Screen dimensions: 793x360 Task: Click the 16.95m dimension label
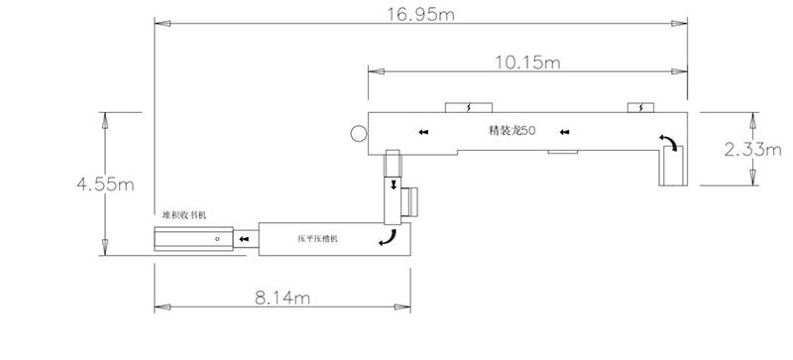pos(420,14)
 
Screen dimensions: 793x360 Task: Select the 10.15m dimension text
pos(527,62)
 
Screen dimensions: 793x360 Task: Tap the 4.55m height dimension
pos(106,184)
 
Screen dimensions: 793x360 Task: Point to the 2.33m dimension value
pos(753,150)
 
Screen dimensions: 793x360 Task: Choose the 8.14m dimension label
pos(283,298)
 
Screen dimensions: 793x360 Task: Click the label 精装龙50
pos(511,131)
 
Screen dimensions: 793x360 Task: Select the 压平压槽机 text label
pos(317,239)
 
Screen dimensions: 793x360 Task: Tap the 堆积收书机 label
pos(184,215)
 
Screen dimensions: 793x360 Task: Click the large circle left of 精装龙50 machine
pos(359,134)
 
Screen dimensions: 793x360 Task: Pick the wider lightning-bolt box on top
pos(468,107)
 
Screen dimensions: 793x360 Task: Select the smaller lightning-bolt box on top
pos(640,107)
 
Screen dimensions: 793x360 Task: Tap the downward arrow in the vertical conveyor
pos(394,185)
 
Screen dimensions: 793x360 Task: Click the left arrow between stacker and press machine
pos(245,239)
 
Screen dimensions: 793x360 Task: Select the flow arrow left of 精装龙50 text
pos(424,133)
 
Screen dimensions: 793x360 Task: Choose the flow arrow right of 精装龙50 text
pos(565,133)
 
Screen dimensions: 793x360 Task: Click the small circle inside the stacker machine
pos(217,238)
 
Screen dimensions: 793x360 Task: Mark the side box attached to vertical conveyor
pos(410,201)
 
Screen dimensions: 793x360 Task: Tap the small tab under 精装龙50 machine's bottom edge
pos(563,152)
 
